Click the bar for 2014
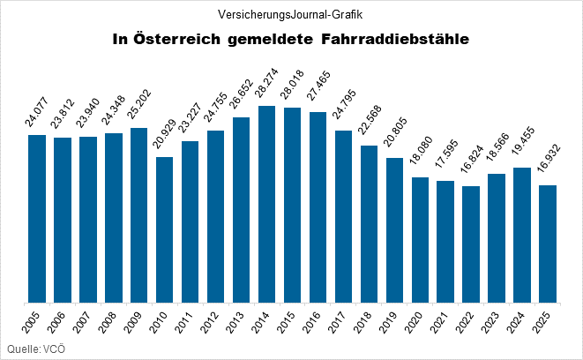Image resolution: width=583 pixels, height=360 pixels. tap(266, 204)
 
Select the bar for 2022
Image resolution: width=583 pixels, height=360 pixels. tap(471, 244)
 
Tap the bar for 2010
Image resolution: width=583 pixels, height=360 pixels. tap(164, 229)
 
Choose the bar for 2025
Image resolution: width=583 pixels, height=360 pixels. tap(548, 244)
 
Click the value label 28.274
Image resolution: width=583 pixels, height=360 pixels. tap(265, 83)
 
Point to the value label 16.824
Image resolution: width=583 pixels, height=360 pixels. tap(471, 163)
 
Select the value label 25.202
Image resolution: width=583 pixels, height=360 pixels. tap(138, 105)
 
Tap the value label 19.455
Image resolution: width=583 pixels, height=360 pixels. tap(522, 145)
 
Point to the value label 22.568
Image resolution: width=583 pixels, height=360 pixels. tap(368, 123)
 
